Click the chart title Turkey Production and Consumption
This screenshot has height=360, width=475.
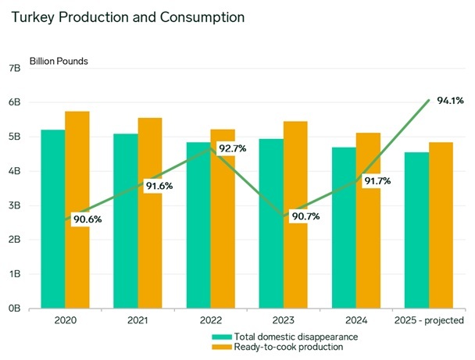[x=123, y=16]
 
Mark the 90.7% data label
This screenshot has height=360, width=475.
[x=305, y=216]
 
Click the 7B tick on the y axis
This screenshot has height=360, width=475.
[x=14, y=68]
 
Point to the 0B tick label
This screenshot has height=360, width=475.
[x=14, y=308]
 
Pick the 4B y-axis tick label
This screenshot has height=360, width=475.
[x=14, y=171]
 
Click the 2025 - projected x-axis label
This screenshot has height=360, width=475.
[x=429, y=320]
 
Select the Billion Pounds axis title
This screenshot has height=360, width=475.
[x=59, y=60]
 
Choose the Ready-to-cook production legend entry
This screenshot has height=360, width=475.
[x=282, y=347]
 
